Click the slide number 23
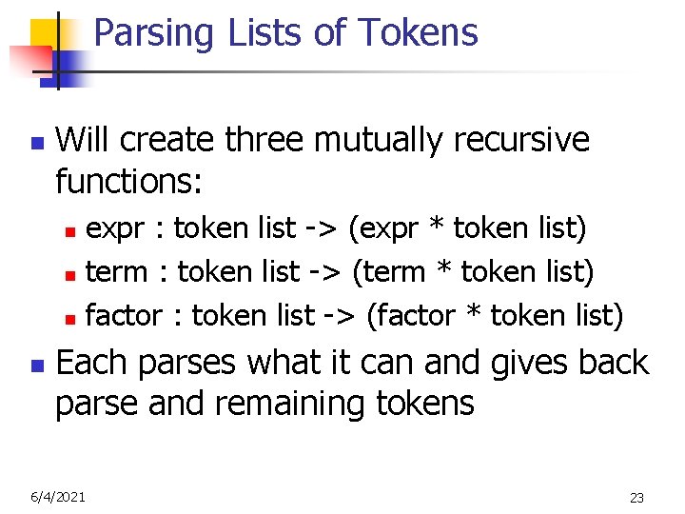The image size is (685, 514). click(x=636, y=497)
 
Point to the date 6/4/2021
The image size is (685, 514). click(x=56, y=496)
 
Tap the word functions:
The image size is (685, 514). click(x=128, y=180)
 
